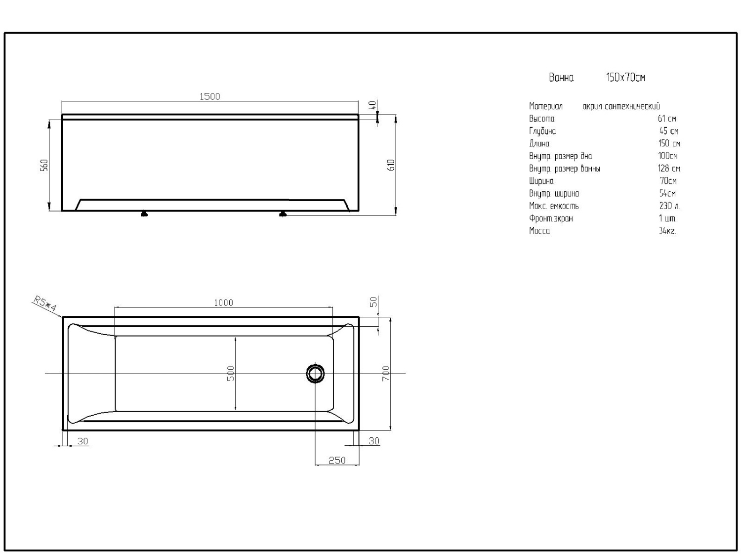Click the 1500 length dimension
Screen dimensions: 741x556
[209, 96]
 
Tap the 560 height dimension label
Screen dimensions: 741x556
[44, 165]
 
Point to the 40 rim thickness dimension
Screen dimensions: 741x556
[372, 105]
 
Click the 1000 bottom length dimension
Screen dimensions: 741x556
[223, 303]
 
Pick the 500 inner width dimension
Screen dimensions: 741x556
[231, 373]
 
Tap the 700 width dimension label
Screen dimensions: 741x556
[385, 373]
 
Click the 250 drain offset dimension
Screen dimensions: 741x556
[337, 461]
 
